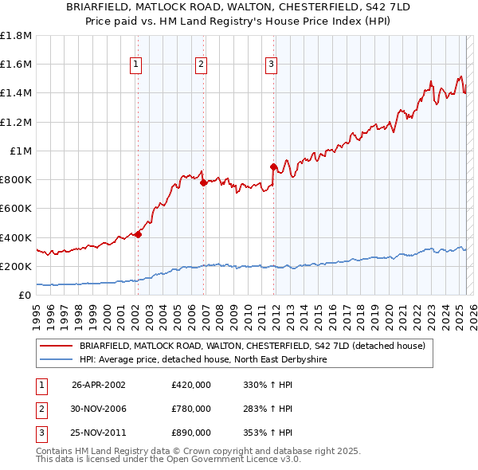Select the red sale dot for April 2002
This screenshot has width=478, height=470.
coord(139,234)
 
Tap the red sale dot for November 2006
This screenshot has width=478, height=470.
coord(203,182)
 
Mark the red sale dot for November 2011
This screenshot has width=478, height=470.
coord(273,166)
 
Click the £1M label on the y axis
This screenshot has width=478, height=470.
coord(21,151)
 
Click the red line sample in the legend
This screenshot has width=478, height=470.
coord(57,346)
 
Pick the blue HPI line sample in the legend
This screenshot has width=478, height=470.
coord(57,359)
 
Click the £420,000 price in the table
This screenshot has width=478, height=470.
coord(191,385)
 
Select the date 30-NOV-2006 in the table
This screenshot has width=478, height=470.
coord(99,409)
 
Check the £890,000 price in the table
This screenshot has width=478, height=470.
coord(191,433)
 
